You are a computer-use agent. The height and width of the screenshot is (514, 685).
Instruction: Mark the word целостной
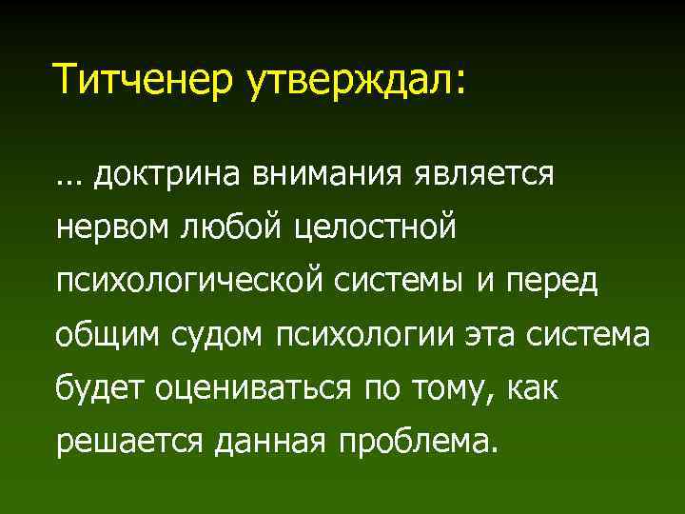[376, 228]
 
